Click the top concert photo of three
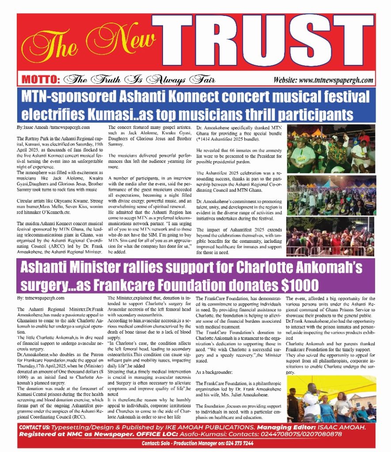click(331, 151)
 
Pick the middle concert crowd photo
click(331, 195)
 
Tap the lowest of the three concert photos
click(331, 236)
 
